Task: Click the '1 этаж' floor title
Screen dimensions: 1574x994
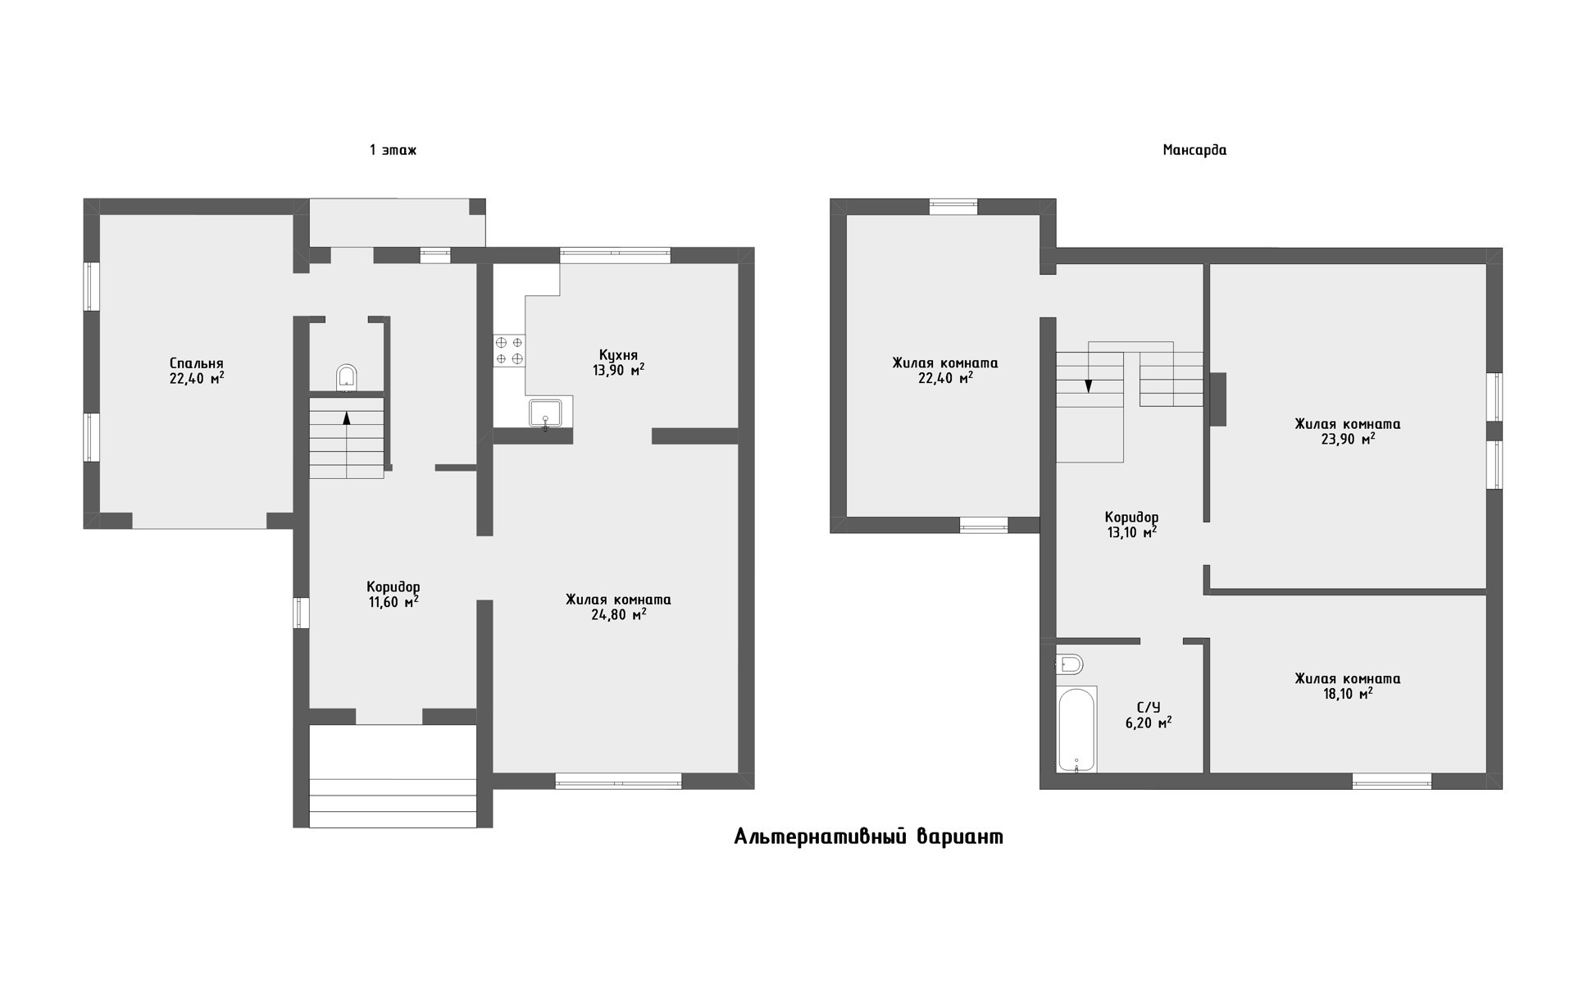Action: coord(393,150)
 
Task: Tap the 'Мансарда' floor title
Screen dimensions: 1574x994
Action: coord(1194,150)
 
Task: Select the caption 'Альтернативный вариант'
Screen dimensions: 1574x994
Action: coord(868,837)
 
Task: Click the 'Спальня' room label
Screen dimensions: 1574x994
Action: coord(197,363)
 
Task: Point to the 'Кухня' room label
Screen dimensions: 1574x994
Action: coord(618,355)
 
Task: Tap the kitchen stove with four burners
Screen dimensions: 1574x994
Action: coord(509,350)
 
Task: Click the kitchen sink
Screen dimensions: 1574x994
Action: coord(545,413)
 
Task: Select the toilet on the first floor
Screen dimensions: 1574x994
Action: coord(347,376)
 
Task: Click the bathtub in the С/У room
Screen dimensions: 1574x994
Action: coord(1076,730)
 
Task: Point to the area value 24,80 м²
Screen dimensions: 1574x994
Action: coord(618,614)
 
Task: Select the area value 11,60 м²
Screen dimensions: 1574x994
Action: coord(393,601)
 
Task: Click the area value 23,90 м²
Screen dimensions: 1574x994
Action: coord(1347,439)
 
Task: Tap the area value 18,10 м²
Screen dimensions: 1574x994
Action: coord(1347,693)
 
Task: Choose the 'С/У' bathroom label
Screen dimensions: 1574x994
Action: coord(1149,708)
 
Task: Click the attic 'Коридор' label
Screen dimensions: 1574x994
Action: coord(1131,518)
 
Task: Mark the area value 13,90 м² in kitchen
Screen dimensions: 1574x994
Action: coord(618,370)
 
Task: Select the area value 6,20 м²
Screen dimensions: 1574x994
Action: coord(1149,723)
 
